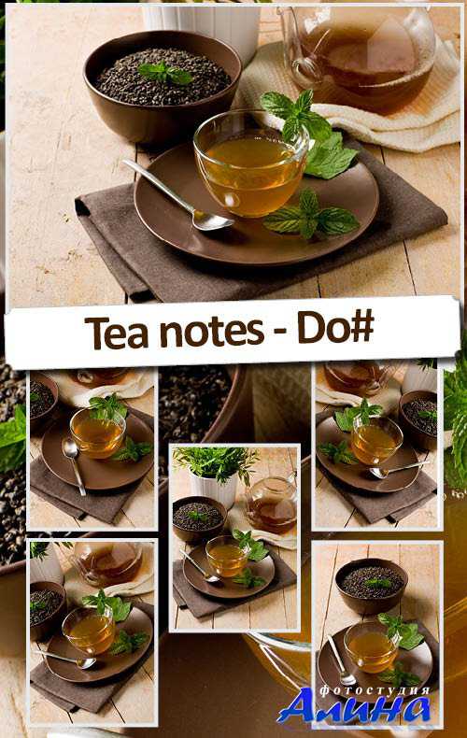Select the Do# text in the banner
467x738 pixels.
pos(335,331)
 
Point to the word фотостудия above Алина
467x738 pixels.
pos(375,690)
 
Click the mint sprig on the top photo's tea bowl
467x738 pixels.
pos(165,73)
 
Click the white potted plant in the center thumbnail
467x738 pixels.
pos(214,476)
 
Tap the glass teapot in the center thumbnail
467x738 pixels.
pos(271,504)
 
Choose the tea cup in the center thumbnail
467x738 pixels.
pos(226,557)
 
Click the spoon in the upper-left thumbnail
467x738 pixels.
pos(74,466)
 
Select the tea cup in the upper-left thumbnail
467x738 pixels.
pos(97,433)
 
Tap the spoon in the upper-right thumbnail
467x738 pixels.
pos(398,470)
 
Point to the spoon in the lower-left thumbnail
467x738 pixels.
pos(67,659)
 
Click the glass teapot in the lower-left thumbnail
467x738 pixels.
pos(106,563)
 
